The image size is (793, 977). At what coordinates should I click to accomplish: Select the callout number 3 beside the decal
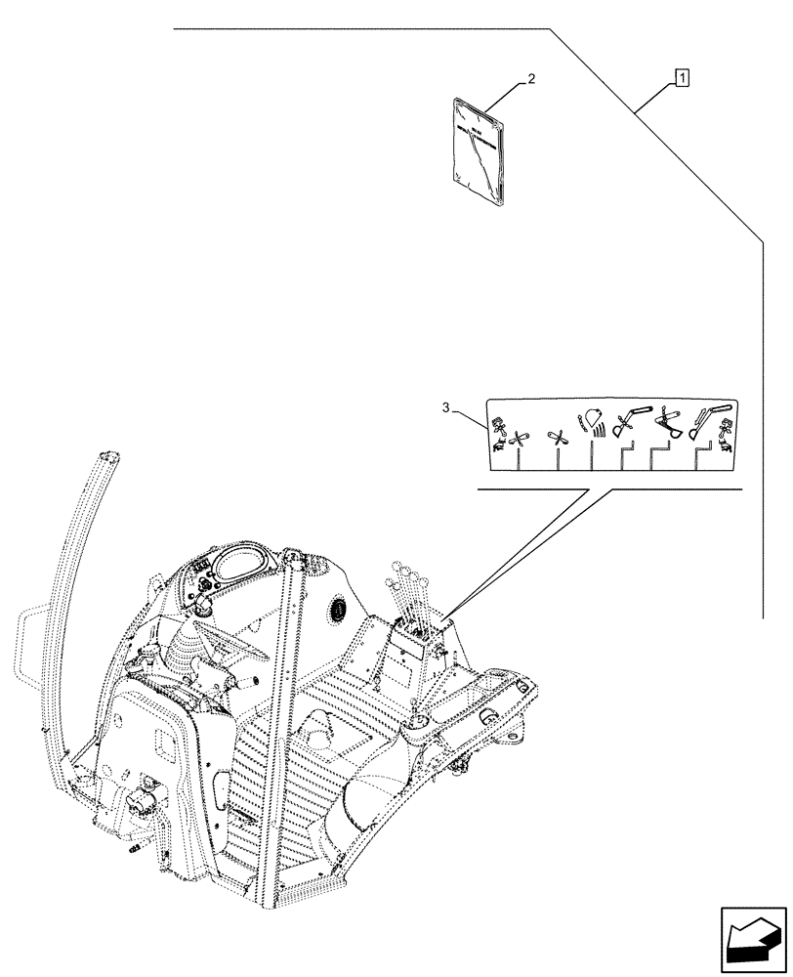[447, 409]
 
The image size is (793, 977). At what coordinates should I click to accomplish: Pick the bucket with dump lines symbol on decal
[594, 422]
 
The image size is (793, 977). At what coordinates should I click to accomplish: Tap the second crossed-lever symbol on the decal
[558, 441]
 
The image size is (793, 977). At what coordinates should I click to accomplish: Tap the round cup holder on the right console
[417, 721]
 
